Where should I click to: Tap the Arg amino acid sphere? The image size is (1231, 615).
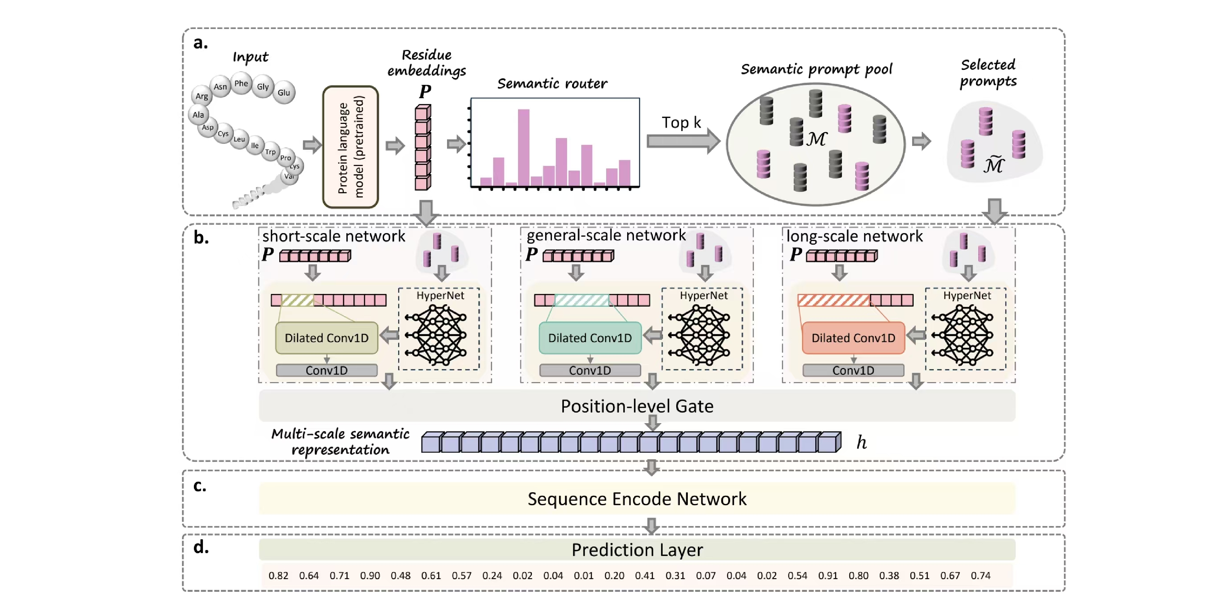tap(202, 96)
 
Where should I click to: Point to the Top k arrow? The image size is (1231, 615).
tap(682, 140)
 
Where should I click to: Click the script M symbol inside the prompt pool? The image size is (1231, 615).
tap(816, 139)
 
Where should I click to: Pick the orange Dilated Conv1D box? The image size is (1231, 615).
tap(853, 338)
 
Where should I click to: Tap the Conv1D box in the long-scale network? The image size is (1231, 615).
tap(853, 370)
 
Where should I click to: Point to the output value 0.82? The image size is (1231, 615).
tap(278, 575)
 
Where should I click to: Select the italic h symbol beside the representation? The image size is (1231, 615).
tap(861, 442)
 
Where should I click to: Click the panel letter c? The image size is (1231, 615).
tap(200, 486)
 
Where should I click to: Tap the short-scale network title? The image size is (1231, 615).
tap(333, 236)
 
